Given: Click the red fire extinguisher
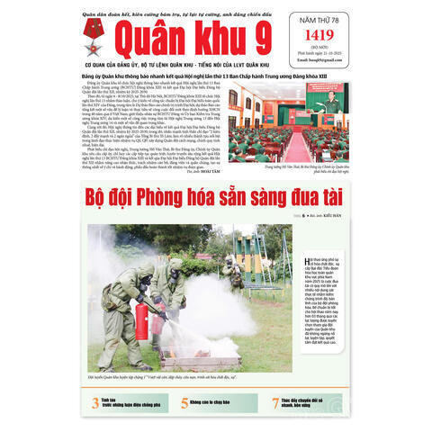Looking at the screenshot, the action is (x=140, y=319).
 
